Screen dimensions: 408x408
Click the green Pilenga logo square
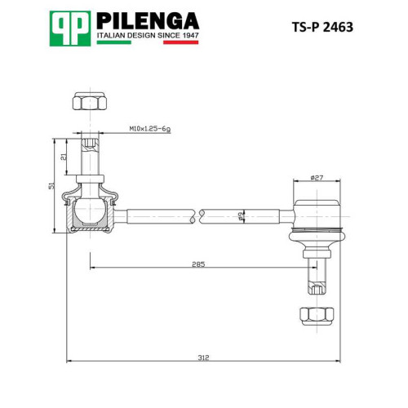70,29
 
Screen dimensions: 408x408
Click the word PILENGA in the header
148,21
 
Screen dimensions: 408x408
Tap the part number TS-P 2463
322,27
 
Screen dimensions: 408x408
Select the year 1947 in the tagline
190,35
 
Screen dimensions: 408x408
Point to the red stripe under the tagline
181,42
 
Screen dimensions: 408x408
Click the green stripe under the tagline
114,42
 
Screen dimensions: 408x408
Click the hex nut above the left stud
90,101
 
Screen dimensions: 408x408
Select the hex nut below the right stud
317,316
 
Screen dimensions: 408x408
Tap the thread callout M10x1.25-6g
150,129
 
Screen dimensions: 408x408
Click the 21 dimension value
64,157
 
